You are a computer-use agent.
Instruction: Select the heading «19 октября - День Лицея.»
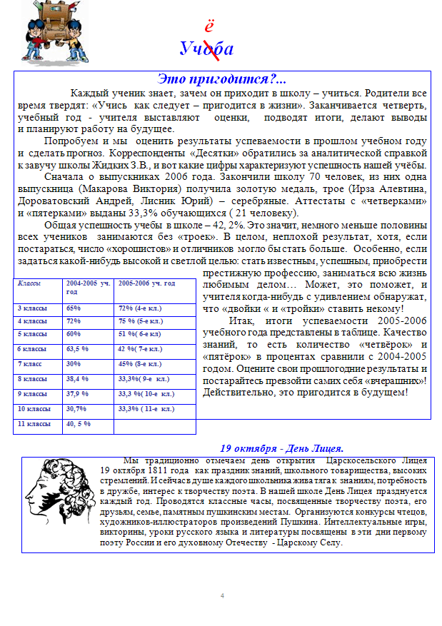(282, 448)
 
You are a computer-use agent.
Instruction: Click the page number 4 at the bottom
(222, 595)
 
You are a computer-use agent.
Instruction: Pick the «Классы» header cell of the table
(29, 283)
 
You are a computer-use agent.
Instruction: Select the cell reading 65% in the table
(74, 308)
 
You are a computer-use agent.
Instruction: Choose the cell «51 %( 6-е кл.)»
(140, 333)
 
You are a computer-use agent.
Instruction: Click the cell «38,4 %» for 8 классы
(77, 379)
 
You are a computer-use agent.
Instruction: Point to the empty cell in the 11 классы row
(154, 424)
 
